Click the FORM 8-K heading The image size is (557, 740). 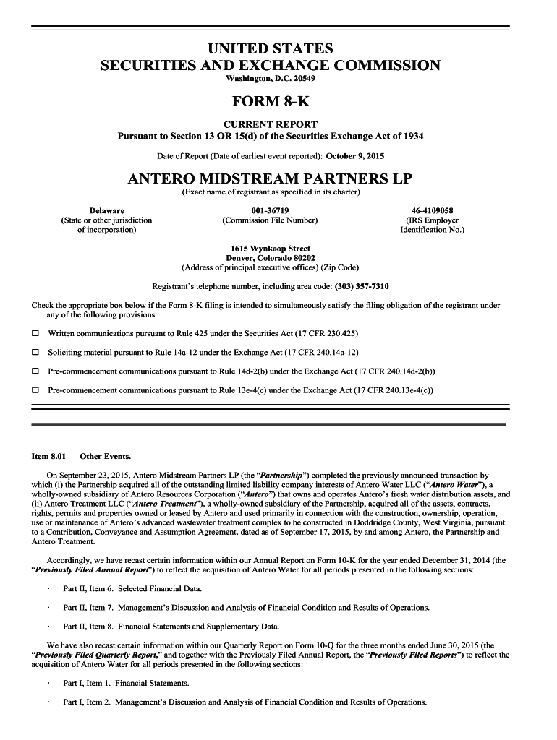tap(271, 101)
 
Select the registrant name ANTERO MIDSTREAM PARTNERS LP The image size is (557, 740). tap(270, 178)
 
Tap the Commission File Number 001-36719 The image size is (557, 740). tap(270, 210)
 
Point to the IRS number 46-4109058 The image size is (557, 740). tap(432, 210)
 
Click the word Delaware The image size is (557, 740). tap(106, 210)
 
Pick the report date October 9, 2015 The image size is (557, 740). tap(355, 155)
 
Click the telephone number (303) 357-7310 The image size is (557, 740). tap(362, 286)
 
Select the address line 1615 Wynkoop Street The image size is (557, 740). tap(270, 249)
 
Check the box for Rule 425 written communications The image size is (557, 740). tap(35, 334)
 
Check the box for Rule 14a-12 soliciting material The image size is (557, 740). tap(35, 353)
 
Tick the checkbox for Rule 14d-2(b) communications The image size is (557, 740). tap(35, 371)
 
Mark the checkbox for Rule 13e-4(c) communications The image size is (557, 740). tap(35, 390)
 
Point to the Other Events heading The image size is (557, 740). tap(106, 457)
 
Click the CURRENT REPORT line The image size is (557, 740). tap(270, 124)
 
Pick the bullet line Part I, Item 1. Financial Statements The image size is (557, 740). tap(126, 683)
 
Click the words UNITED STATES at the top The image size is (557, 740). tap(270, 48)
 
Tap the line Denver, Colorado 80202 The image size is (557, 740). tap(270, 258)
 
